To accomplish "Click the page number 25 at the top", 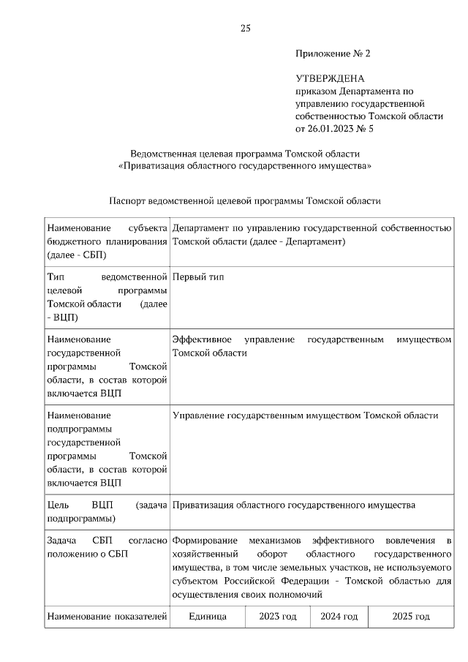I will click(x=246, y=29).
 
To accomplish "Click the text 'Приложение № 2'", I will click(x=333, y=54).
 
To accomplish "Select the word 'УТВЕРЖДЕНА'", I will click(x=330, y=78).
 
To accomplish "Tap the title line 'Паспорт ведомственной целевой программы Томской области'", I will click(x=245, y=200).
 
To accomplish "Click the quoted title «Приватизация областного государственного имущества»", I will click(x=245, y=166).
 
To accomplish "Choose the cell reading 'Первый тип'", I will click(x=198, y=277).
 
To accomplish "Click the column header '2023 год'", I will click(x=278, y=617).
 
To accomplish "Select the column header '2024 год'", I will click(x=339, y=617).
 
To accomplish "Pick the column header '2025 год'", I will click(x=411, y=617).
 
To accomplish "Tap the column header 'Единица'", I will click(x=207, y=617).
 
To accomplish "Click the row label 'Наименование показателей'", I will click(x=107, y=617).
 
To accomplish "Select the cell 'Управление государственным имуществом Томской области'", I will click(x=305, y=415).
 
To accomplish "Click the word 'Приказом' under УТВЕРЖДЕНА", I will click(x=316, y=91).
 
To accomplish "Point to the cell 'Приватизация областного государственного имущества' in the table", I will click(x=293, y=505).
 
